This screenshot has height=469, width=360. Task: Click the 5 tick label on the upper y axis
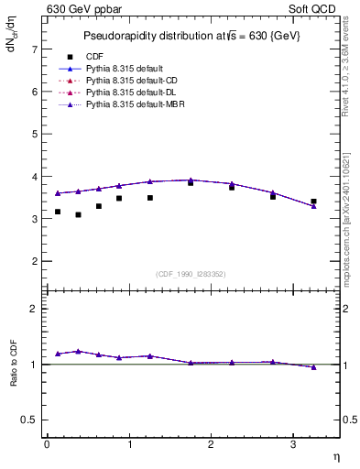tap(34, 134)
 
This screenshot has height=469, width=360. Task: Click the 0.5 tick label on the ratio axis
tap(29, 420)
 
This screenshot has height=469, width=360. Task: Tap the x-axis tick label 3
tap(293, 444)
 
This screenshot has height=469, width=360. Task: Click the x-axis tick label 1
tap(129, 444)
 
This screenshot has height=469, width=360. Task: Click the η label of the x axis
tap(335, 455)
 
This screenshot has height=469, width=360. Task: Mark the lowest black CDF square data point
tap(78, 214)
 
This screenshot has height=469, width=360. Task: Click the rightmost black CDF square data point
tap(313, 201)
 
